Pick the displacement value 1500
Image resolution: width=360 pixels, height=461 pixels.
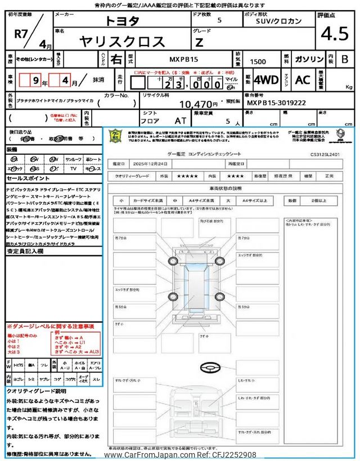point(259,60)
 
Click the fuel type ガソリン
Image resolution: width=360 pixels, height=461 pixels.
point(308,59)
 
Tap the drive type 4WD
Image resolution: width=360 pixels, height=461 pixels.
point(265,80)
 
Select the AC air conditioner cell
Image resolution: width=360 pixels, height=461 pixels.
point(302,80)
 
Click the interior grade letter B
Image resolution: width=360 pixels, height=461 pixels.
point(345,59)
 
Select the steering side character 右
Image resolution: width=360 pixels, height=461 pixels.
point(115,59)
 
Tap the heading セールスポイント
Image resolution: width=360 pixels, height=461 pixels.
point(24,176)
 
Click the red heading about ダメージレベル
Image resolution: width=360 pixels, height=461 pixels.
point(51,326)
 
